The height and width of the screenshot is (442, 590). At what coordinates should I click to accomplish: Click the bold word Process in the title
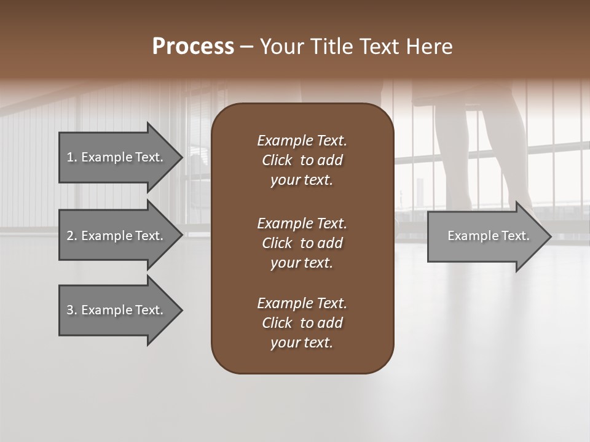193,47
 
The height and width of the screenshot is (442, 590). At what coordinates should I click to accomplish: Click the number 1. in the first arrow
71,157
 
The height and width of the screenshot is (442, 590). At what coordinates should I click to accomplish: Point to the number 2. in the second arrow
71,236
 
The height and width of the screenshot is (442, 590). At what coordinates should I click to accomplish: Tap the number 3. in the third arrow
71,310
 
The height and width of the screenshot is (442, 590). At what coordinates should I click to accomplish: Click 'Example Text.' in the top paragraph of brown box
302,141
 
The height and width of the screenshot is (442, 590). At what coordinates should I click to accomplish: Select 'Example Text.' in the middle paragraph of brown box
302,223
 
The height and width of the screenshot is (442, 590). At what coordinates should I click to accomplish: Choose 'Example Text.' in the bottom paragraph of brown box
302,303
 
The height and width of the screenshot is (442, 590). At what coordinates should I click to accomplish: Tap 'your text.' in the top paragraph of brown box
302,180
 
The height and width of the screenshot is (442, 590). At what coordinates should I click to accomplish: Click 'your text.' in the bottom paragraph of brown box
302,343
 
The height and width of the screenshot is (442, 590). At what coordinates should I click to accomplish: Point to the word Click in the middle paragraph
277,243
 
